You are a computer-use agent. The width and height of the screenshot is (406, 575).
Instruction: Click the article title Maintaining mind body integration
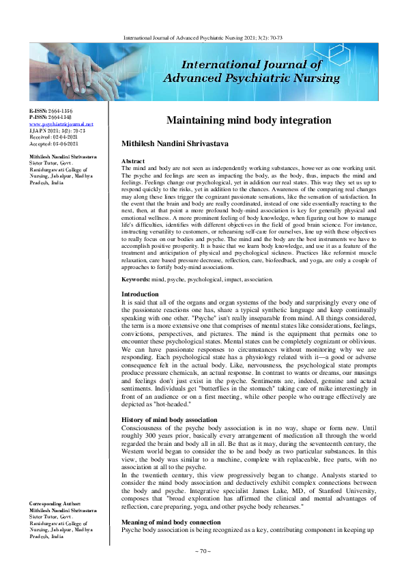pos(249,120)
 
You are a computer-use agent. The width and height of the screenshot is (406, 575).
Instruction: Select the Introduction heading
pos(139,312)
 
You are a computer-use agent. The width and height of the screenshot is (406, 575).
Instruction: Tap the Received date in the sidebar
pos(53,137)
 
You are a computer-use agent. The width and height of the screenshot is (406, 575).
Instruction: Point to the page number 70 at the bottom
pos(203,551)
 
